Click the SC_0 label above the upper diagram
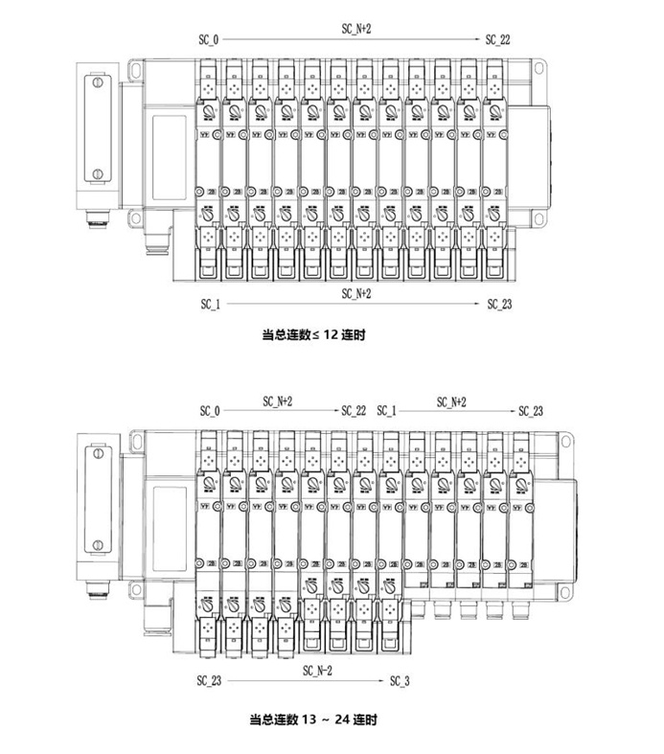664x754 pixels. point(208,39)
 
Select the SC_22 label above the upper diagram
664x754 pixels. point(498,39)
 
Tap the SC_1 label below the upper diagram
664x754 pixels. point(210,304)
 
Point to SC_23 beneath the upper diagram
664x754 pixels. point(499,304)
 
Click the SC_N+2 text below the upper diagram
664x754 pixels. point(355,293)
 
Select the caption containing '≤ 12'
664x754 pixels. point(315,335)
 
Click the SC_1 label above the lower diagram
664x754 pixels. point(386,410)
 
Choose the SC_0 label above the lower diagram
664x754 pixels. point(210,410)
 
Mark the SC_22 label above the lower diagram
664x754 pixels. point(354,410)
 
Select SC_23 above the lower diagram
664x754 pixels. point(531,410)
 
